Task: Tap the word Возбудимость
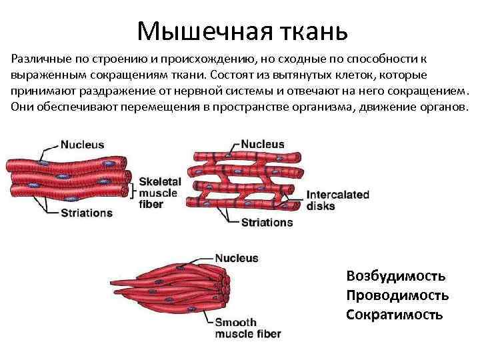[396, 275]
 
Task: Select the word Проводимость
[397, 295]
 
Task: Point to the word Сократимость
[394, 314]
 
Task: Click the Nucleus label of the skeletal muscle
[82, 144]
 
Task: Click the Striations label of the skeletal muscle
[86, 213]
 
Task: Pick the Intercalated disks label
[337, 201]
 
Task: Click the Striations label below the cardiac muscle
[267, 223]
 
